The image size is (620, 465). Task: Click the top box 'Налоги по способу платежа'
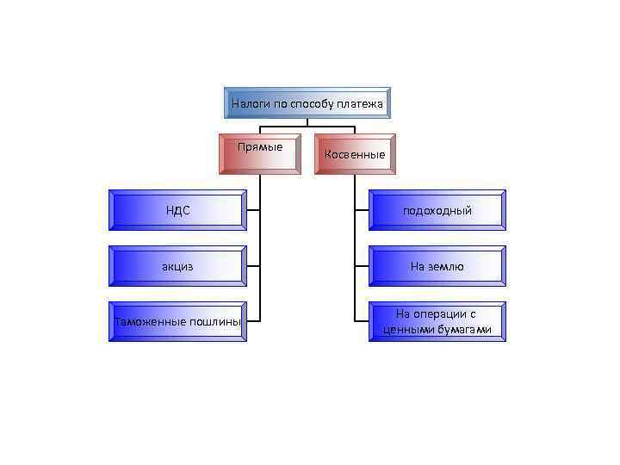tap(307, 103)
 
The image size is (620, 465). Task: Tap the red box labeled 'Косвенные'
tap(355, 154)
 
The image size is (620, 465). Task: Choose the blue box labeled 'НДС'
tap(177, 210)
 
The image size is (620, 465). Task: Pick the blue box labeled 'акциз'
tap(177, 266)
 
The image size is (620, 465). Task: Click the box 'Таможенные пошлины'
tap(177, 322)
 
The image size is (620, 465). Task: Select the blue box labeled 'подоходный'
tap(437, 210)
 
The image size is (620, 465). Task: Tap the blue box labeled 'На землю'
tap(437, 266)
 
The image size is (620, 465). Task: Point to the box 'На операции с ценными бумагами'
tap(437, 322)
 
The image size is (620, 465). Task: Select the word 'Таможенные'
tap(151, 322)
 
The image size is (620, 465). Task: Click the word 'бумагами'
tap(465, 330)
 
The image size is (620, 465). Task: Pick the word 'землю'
tap(448, 266)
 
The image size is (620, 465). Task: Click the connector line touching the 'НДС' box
tap(253, 210)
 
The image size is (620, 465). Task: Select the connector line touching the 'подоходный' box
tap(362, 210)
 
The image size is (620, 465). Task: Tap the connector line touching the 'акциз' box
tap(253, 266)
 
